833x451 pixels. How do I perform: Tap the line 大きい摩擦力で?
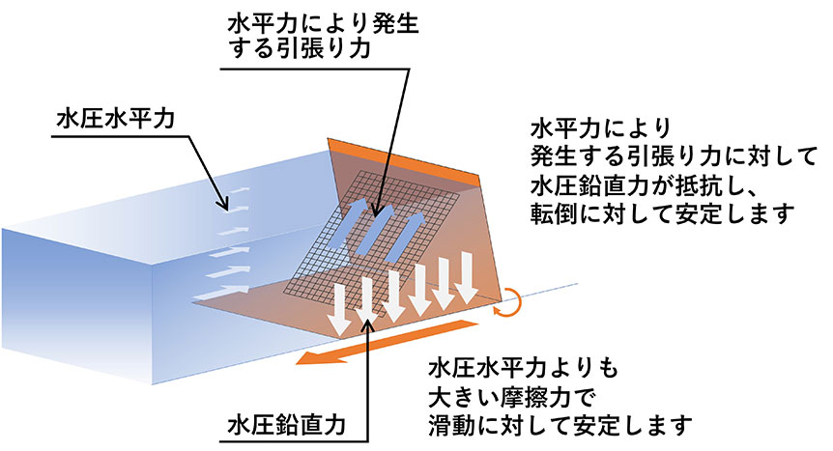pos(503,396)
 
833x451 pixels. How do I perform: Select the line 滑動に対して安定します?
pos(560,424)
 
